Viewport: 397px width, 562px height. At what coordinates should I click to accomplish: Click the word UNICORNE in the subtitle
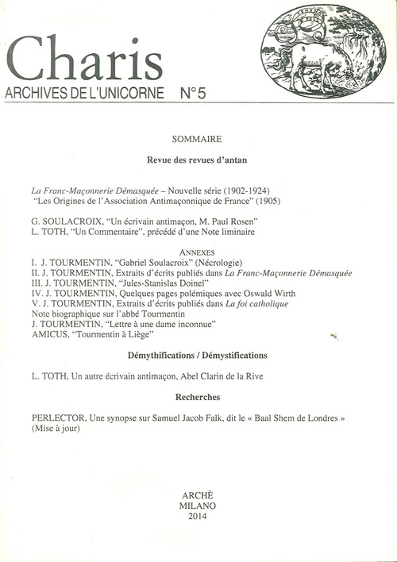123,93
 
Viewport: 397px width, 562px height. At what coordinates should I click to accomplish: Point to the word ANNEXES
195,252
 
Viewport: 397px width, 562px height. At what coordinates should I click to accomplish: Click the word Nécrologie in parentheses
210,263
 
